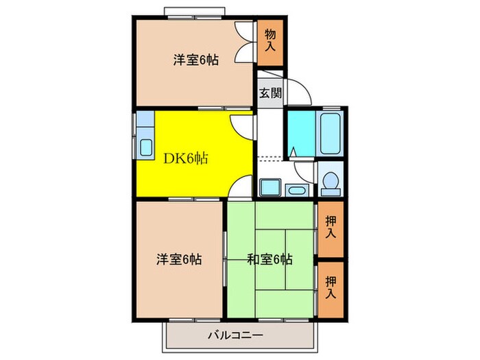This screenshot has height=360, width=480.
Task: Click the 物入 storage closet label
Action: [x=271, y=40]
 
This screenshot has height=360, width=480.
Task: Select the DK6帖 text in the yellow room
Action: [x=185, y=158]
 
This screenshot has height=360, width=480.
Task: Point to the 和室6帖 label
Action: [x=270, y=259]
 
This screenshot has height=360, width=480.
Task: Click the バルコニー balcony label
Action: [x=235, y=336]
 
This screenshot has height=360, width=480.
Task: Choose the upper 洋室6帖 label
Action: [x=195, y=60]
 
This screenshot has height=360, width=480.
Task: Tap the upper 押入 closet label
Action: [x=331, y=228]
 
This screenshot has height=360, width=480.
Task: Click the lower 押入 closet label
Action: [x=331, y=286]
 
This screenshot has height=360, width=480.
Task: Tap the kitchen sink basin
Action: [x=146, y=147]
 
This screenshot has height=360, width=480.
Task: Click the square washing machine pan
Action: [x=268, y=187]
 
